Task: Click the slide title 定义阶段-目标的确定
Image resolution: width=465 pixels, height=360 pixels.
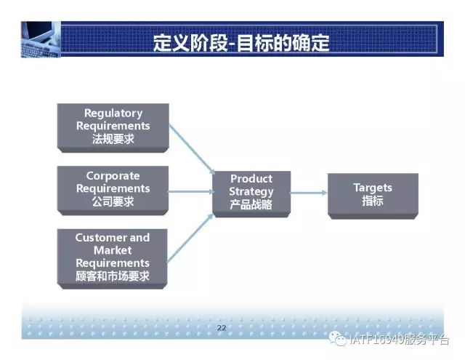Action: pyautogui.click(x=241, y=43)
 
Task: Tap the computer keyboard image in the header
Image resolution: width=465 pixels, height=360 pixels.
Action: pyautogui.click(x=41, y=39)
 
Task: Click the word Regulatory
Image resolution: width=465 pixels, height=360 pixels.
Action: pyautogui.click(x=113, y=113)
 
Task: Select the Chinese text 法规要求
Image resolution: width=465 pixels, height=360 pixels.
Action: pyautogui.click(x=113, y=139)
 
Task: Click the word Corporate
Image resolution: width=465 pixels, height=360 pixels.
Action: pyautogui.click(x=113, y=176)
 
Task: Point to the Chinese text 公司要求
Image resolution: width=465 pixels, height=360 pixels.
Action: pyautogui.click(x=113, y=201)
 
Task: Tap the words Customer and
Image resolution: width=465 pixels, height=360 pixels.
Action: pyautogui.click(x=113, y=237)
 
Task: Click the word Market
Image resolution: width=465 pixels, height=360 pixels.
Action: pyautogui.click(x=113, y=250)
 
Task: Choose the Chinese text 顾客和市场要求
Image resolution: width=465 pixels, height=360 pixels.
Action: pyautogui.click(x=113, y=276)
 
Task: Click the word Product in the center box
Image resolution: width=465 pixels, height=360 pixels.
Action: pyautogui.click(x=251, y=179)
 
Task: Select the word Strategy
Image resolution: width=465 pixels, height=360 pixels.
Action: pyautogui.click(x=251, y=192)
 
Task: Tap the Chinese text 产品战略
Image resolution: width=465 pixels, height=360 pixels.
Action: pyautogui.click(x=251, y=204)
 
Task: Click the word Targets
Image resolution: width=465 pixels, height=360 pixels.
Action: pyautogui.click(x=373, y=188)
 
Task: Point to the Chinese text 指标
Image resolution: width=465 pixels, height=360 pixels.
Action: pyautogui.click(x=373, y=201)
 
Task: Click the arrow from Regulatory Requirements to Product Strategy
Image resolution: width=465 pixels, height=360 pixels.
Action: pyautogui.click(x=192, y=149)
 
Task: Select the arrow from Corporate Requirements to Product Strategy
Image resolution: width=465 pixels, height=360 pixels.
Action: pyautogui.click(x=191, y=192)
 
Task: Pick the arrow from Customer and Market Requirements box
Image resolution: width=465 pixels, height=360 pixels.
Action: pyautogui.click(x=190, y=239)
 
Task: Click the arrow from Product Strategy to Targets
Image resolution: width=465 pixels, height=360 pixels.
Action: pyautogui.click(x=308, y=193)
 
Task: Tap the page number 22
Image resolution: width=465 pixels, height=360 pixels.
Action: pyautogui.click(x=222, y=328)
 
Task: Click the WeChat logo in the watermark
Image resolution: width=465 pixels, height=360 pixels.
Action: pyautogui.click(x=337, y=339)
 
